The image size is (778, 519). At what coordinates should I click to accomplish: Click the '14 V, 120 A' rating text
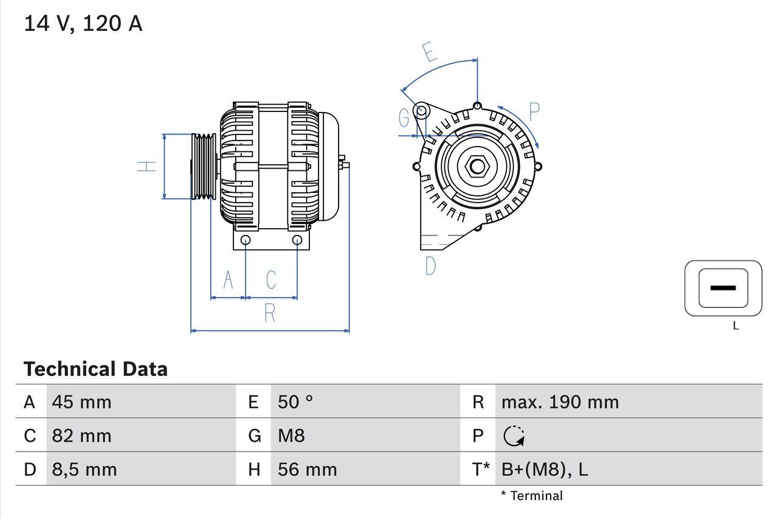click(x=83, y=23)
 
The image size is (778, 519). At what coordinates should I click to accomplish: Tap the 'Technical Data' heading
click(x=95, y=369)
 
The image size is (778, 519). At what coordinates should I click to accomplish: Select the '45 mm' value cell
click(x=81, y=402)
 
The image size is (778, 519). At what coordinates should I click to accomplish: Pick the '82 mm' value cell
click(x=81, y=436)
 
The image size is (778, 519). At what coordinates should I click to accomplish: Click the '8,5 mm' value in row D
click(x=84, y=469)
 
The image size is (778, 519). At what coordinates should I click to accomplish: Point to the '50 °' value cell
click(x=295, y=402)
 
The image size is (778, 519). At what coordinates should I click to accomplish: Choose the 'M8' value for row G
click(x=291, y=436)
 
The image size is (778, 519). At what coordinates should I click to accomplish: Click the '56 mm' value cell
click(x=307, y=469)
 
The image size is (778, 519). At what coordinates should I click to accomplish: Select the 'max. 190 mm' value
click(x=560, y=402)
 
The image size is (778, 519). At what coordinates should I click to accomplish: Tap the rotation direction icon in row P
click(x=514, y=436)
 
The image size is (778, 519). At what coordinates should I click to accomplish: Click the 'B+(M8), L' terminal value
click(x=544, y=469)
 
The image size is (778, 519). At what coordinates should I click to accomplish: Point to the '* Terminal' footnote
click(x=532, y=496)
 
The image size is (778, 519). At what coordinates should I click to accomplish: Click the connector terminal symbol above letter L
click(x=723, y=288)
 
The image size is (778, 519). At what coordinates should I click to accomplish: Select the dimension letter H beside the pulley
click(x=146, y=166)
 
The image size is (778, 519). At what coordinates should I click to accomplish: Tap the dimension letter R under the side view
click(x=270, y=313)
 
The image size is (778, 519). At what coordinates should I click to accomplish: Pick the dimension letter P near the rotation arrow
click(x=534, y=112)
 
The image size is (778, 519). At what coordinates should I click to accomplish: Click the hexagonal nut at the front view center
click(x=477, y=166)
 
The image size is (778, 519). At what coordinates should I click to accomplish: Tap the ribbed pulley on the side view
click(x=203, y=166)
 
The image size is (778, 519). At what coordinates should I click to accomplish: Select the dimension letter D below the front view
click(x=430, y=266)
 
